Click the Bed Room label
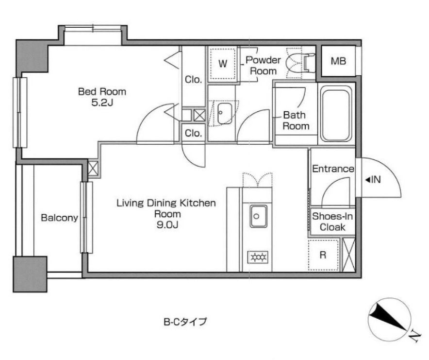(102, 91)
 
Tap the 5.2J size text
(102, 103)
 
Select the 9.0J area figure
(167, 225)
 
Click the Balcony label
(59, 218)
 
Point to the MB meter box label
(338, 61)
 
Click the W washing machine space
(223, 64)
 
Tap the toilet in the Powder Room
(299, 64)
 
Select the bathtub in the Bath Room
(336, 114)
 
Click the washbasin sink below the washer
(225, 114)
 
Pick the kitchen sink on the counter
(258, 216)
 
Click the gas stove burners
(258, 257)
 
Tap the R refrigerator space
(323, 255)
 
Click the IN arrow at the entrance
(373, 179)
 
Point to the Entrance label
(333, 169)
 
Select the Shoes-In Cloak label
(332, 222)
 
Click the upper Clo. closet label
(193, 80)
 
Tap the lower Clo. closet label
(193, 133)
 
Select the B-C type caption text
(185, 321)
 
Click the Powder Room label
(263, 66)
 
